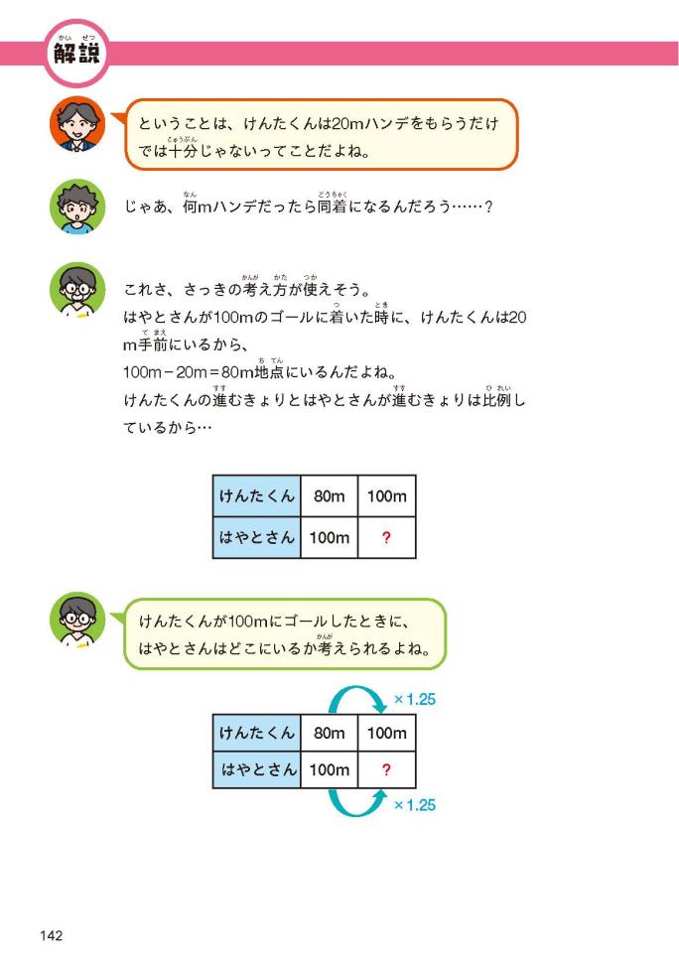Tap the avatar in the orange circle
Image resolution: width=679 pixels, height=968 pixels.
tap(77, 124)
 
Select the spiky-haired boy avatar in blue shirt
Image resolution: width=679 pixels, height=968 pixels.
tap(77, 207)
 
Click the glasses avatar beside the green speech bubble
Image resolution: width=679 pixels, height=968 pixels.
tap(77, 620)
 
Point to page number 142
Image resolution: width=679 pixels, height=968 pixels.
tap(52, 935)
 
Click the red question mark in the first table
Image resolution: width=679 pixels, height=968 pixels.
tap(386, 538)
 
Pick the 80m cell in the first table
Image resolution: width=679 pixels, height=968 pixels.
tap(329, 495)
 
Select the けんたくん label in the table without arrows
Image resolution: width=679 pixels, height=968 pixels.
tap(257, 495)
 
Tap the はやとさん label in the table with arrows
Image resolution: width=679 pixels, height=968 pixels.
tap(257, 769)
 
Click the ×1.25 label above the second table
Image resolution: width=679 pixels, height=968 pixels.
tap(415, 700)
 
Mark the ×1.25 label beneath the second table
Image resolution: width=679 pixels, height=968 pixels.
tap(415, 805)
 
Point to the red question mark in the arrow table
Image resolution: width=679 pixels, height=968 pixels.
tap(386, 769)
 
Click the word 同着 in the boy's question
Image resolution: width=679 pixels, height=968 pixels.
tap(333, 207)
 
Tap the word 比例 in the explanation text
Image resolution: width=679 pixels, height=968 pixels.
tap(497, 400)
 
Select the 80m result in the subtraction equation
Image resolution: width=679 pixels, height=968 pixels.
tap(237, 372)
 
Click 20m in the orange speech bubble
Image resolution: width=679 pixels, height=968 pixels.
tap(347, 123)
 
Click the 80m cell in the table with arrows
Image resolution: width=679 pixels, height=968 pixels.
tap(329, 733)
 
